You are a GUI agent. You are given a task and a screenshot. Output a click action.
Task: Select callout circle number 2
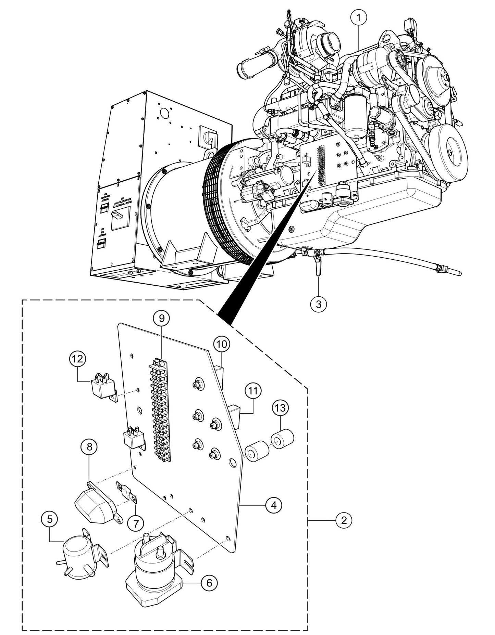pyautogui.click(x=344, y=520)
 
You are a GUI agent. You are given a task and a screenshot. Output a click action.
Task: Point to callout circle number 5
pyautogui.click(x=50, y=519)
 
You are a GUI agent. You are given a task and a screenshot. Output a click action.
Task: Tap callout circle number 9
pyautogui.click(x=161, y=318)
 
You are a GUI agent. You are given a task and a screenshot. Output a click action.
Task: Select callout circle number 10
pyautogui.click(x=222, y=345)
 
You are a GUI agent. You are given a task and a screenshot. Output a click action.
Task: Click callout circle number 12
pyautogui.click(x=78, y=359)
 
